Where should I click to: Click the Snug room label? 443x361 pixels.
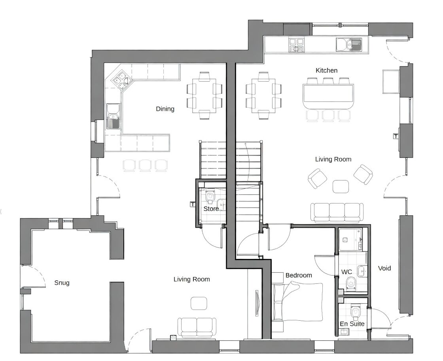tap(62, 283)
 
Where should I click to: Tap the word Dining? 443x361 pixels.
tap(165, 109)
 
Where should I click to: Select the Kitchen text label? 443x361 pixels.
tap(326, 70)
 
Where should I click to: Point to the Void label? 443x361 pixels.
tap(384, 268)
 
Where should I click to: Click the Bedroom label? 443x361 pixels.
tap(299, 275)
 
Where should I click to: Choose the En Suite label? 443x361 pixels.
tap(352, 324)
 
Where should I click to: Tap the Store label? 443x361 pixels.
tap(211, 209)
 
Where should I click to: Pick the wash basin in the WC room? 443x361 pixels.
tap(362, 271)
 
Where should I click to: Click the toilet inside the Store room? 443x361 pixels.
tap(210, 196)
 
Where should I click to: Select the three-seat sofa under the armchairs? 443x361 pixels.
tap(337, 212)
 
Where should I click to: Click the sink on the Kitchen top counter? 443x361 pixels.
tap(348, 45)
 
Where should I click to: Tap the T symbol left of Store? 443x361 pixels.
tap(193, 204)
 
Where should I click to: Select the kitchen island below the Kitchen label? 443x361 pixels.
tap(328, 96)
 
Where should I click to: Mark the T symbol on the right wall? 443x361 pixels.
tap(396, 136)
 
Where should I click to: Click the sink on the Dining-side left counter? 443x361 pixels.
tap(113, 116)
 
